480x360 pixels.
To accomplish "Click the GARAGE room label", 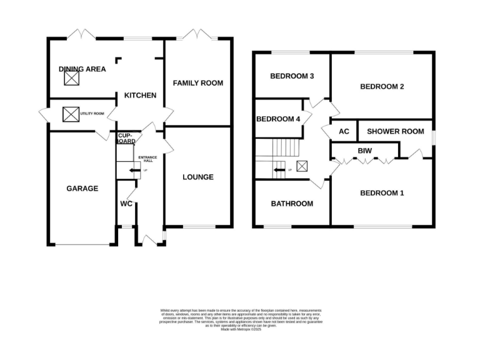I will [82, 188].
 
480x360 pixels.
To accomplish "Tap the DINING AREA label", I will [82, 69].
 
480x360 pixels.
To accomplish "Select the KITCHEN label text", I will [140, 95].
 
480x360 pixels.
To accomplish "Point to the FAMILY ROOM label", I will [197, 82].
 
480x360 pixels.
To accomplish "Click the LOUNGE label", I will [197, 177].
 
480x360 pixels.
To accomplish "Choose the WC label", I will [127, 203].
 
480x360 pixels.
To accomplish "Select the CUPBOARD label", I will [126, 138].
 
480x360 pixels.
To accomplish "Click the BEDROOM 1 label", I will [382, 193].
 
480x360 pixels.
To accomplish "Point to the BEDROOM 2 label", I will [382, 87].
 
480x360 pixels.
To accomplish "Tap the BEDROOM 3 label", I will [291, 76].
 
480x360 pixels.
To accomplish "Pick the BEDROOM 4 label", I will [278, 119].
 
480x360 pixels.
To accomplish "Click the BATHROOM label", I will [291, 204].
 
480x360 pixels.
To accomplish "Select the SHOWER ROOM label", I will [395, 131].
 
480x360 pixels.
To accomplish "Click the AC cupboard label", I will [343, 131].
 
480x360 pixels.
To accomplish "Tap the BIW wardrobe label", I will [365, 151].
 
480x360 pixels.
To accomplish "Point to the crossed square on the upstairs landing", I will [302, 166].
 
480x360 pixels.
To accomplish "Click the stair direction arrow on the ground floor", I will [134, 170].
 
